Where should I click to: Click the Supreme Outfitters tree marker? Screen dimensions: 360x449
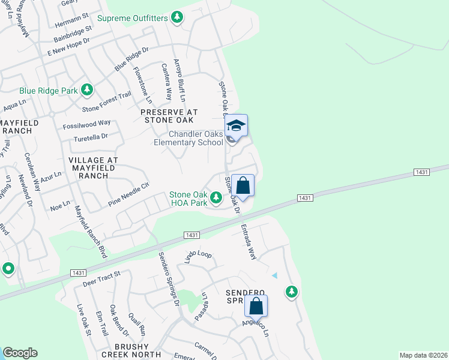(176, 18)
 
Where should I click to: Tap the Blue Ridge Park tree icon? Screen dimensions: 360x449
(87, 90)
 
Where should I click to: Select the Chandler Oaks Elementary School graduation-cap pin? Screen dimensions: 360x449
(237, 126)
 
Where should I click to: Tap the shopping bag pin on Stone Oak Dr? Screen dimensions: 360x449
(243, 185)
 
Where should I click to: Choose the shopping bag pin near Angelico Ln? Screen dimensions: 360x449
(256, 306)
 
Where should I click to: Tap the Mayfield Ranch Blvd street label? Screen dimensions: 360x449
(89, 232)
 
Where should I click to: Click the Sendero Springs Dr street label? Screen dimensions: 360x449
(170, 278)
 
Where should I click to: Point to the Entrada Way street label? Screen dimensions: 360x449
(248, 242)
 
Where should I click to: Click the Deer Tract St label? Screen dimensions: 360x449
(101, 277)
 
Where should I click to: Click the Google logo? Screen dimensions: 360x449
(20, 353)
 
